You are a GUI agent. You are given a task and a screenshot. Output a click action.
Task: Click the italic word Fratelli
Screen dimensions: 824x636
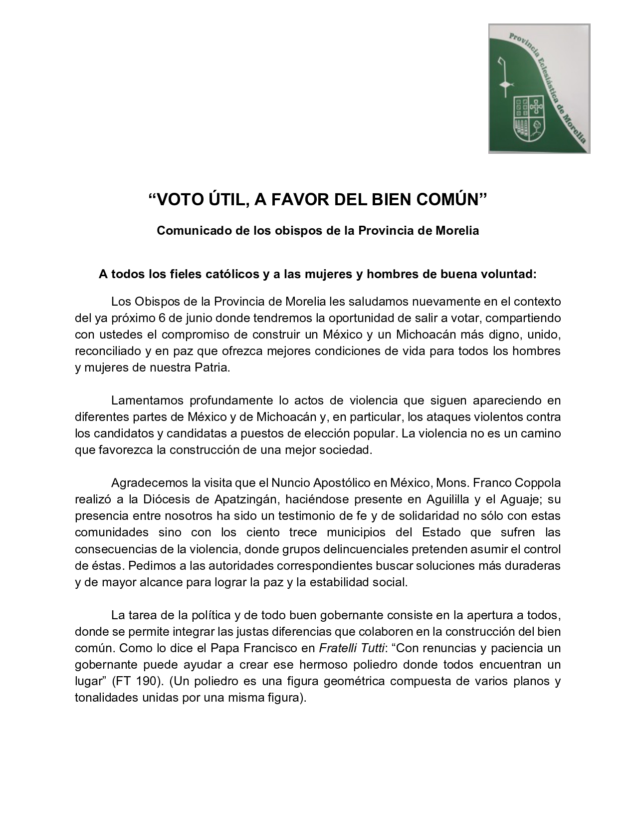tap(338, 648)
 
